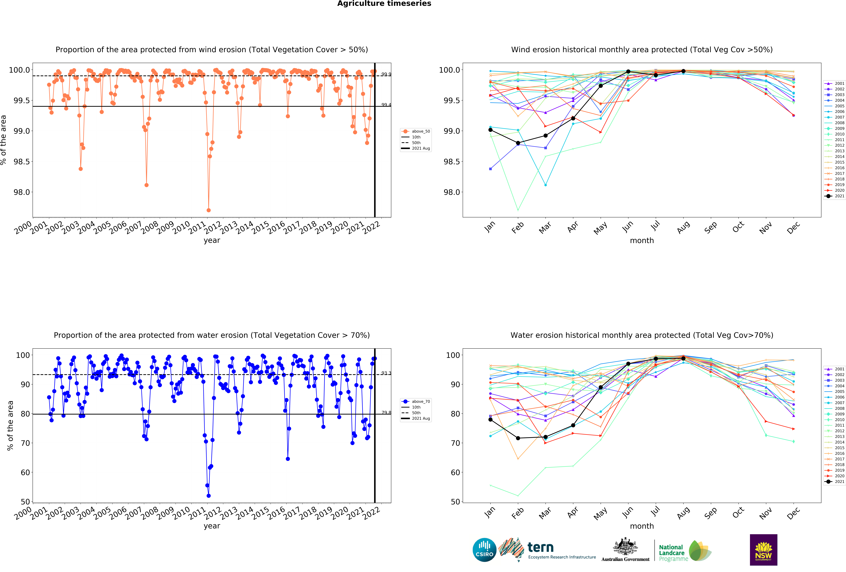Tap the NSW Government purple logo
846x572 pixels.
pyautogui.click(x=763, y=550)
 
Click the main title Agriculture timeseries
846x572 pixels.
pyautogui.click(x=384, y=4)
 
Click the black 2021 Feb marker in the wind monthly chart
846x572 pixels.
pyautogui.click(x=518, y=143)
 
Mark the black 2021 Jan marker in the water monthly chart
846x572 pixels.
pyautogui.click(x=490, y=419)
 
